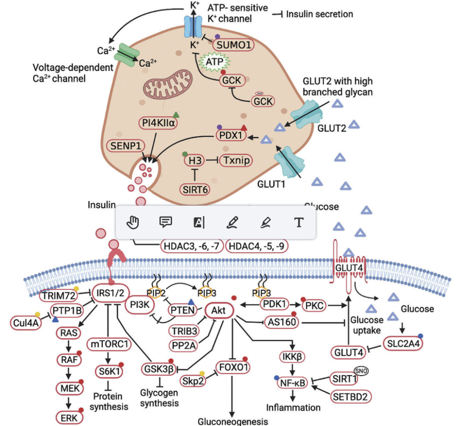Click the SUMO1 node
coord(233,44)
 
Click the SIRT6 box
coord(196,189)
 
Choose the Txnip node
coord(235,160)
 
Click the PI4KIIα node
coord(158,124)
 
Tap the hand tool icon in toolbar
coord(134,222)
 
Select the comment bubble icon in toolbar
coord(166,222)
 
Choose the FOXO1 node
coord(233,367)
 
